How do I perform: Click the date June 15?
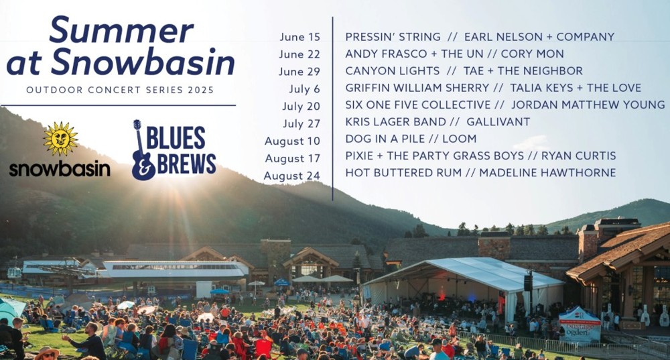[x=300, y=37]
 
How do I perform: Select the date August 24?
[x=292, y=176]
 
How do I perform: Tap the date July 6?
[x=305, y=89]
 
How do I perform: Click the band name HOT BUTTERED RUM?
[x=403, y=173]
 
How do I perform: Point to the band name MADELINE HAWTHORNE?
[x=547, y=173]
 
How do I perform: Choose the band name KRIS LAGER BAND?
[x=396, y=122]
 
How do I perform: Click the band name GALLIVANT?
[x=498, y=122]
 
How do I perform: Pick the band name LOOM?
[x=460, y=139]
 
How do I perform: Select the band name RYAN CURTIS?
[x=579, y=156]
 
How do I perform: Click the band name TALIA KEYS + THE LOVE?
[x=576, y=88]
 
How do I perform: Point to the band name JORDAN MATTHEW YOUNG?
[x=588, y=105]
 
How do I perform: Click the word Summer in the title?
[x=121, y=30]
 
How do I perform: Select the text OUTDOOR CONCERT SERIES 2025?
[x=120, y=91]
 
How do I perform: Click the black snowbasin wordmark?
[x=60, y=170]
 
